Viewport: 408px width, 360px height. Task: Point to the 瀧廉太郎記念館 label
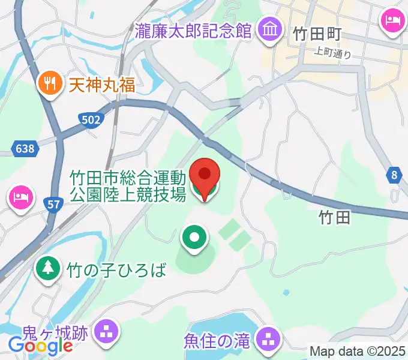(193, 31)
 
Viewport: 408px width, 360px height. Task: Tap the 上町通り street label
(332, 52)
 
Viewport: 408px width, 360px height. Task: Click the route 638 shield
(25, 147)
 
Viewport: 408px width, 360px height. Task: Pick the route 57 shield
(53, 205)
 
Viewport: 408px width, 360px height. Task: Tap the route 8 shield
(394, 175)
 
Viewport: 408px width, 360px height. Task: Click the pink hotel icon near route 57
(19, 197)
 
